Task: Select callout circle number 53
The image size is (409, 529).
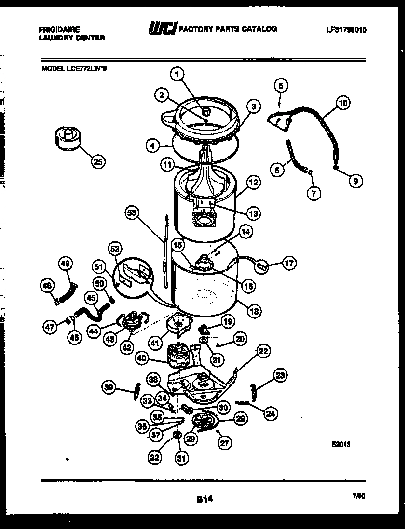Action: pos(131,213)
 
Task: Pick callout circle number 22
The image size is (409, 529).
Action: pos(262,351)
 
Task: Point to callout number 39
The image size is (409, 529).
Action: pos(109,386)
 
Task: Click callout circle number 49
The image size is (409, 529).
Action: pos(66,263)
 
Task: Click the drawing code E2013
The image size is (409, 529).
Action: pos(340,445)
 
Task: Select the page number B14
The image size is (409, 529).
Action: pos(204,500)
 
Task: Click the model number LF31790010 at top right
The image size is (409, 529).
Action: pos(346,30)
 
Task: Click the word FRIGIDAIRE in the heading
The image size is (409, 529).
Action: pos(59,29)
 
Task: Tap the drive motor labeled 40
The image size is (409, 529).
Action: pos(179,356)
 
